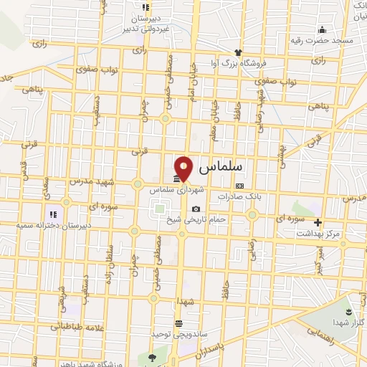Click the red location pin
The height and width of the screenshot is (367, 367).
(184, 167)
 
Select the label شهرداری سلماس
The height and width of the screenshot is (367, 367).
(177, 191)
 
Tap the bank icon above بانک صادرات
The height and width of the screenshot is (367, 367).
(239, 185)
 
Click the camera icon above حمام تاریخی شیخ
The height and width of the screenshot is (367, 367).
(196, 209)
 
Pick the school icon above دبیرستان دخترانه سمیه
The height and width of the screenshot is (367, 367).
(52, 213)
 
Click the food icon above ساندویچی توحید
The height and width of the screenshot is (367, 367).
(178, 324)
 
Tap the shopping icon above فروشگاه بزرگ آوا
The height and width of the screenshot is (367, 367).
(239, 52)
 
